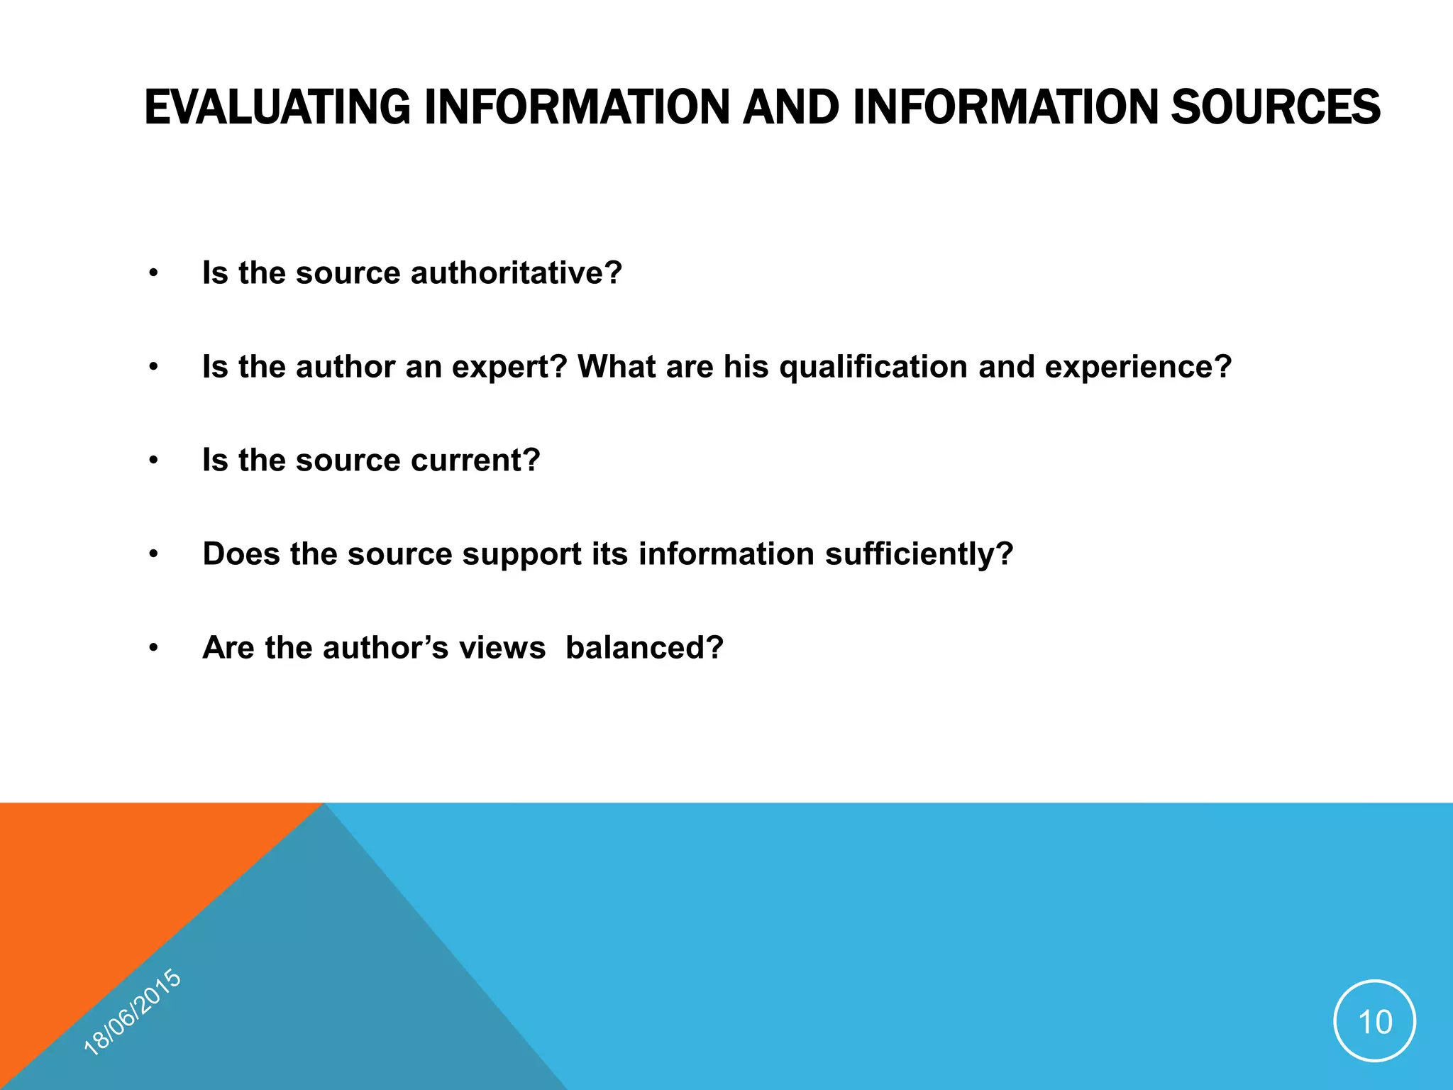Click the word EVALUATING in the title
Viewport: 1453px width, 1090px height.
pos(277,107)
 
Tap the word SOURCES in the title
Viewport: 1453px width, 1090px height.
pos(1275,107)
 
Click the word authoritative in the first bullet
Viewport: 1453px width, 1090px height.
pos(516,273)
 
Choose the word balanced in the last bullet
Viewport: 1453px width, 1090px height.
pos(644,648)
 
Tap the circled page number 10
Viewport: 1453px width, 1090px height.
pos(1374,1021)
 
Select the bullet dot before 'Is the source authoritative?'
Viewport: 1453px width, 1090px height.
pos(153,273)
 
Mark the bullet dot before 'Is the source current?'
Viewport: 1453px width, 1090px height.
pos(153,461)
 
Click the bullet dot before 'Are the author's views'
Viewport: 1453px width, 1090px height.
pos(153,648)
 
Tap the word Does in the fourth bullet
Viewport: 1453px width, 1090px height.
pos(241,554)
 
